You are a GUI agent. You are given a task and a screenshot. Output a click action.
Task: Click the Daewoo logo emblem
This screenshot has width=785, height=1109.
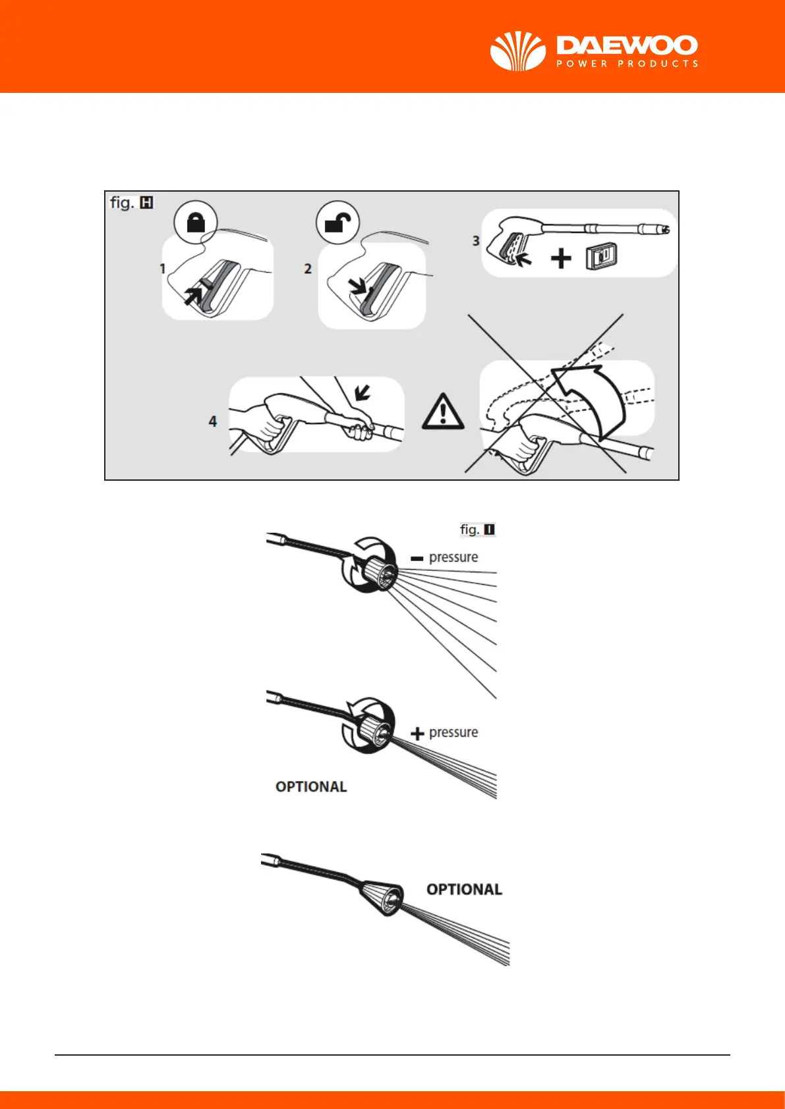pos(518,51)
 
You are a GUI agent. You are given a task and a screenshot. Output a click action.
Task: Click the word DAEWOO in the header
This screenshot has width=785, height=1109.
pos(627,45)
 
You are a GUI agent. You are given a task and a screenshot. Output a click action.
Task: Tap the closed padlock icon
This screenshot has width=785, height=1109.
pos(196,223)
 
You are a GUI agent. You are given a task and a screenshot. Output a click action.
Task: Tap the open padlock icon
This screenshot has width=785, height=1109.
pos(337,223)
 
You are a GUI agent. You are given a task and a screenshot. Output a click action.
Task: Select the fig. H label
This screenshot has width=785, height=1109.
pos(131,203)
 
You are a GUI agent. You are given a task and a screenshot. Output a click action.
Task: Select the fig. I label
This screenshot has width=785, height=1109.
pos(477,529)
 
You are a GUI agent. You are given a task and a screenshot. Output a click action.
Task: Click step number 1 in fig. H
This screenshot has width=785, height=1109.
pos(162,269)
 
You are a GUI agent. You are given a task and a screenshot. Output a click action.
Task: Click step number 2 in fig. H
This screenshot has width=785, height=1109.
pos(307,269)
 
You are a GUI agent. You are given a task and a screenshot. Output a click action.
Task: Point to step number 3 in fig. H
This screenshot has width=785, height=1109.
pos(476,241)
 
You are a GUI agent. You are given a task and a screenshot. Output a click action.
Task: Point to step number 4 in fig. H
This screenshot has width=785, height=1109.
pos(212,421)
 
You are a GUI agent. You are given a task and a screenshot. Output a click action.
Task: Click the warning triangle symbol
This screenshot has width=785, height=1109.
pos(443,412)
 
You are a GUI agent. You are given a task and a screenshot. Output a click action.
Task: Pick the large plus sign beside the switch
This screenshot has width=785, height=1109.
pos(561,258)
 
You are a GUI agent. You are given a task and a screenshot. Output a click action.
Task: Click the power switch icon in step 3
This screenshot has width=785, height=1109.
pos(601,257)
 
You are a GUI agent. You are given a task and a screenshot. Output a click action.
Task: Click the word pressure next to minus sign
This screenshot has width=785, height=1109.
pos(453,557)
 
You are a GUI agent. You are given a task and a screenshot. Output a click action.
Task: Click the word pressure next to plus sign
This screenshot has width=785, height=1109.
pos(453,732)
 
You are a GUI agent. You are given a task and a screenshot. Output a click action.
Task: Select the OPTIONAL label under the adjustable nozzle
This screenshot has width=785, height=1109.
pos(311,787)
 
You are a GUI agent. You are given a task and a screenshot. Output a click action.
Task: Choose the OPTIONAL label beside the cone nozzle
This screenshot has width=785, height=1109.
pos(464,890)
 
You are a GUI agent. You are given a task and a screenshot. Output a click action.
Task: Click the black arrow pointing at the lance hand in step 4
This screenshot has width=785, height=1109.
pos(362,393)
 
